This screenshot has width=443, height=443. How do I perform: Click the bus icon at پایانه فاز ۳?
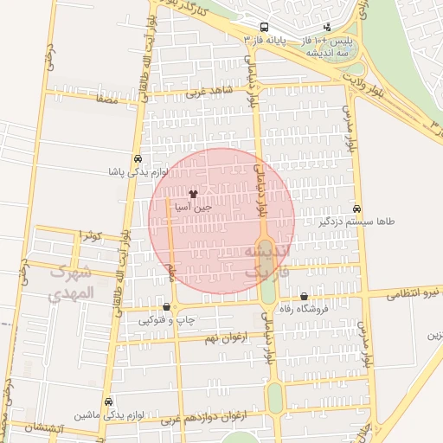[x=263, y=27]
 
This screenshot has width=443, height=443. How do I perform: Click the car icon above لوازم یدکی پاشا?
[x=138, y=160]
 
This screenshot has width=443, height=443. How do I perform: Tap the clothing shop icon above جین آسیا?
[x=192, y=194]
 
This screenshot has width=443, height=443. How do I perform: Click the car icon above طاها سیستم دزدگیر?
[x=356, y=209]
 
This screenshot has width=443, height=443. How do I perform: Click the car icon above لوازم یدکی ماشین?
[x=108, y=401]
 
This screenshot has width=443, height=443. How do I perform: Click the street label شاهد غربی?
[x=228, y=91]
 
